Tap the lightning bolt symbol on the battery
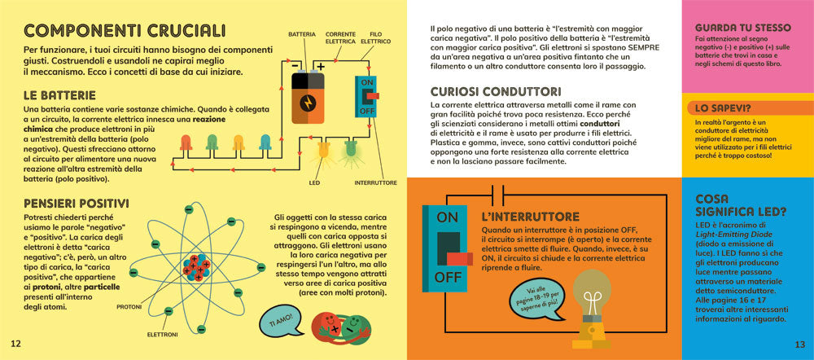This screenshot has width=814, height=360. pos(308,103)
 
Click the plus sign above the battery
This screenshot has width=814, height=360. pos(321,66)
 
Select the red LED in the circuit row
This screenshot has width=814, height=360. pos(186,144)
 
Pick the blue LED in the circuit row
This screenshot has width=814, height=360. pos(265,144)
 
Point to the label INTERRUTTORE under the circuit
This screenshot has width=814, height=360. pos(375,183)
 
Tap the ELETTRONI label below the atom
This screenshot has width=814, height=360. pos(163,335)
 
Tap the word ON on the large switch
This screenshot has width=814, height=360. pos(447,217)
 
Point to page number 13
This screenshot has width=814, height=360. pos(799,344)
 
